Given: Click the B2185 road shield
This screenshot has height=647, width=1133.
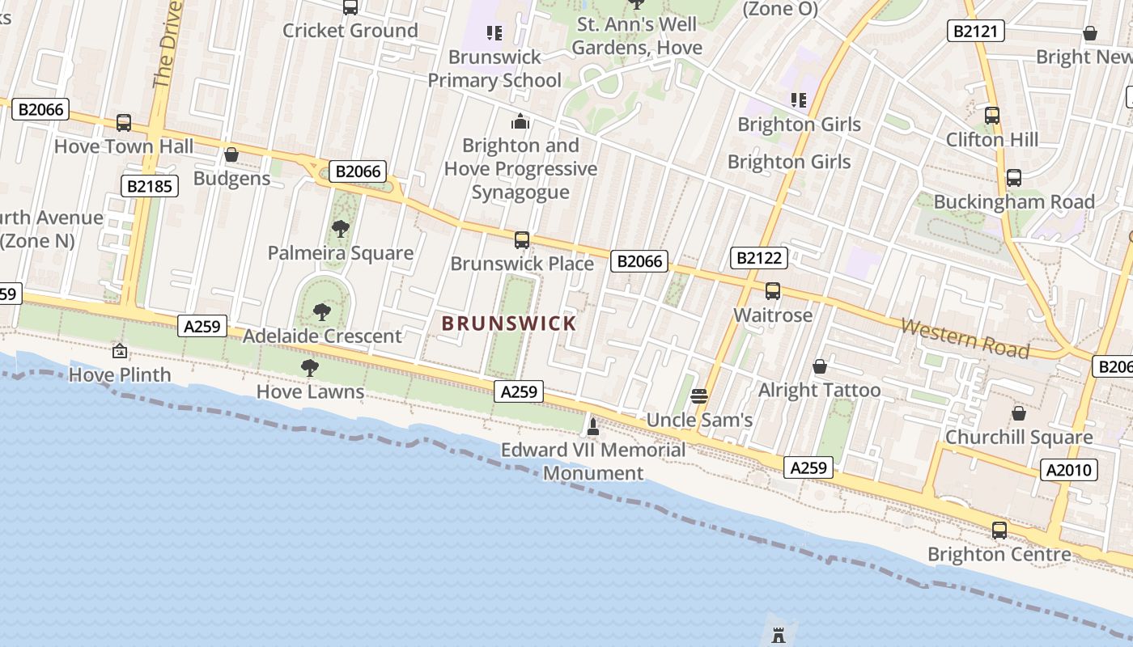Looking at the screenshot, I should click(x=151, y=185).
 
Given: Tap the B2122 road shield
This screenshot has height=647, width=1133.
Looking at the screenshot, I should click(x=759, y=258).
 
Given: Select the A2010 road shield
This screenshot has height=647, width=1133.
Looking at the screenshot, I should click(x=1069, y=470).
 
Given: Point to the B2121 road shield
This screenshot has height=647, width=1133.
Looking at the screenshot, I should click(x=977, y=32).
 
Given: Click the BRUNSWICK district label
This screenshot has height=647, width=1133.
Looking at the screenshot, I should click(x=509, y=323).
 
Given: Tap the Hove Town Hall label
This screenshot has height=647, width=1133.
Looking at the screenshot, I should click(x=124, y=146).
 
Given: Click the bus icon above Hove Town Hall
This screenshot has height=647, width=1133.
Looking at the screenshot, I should click(x=124, y=123).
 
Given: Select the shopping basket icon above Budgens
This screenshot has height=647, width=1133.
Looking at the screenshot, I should click(x=231, y=154).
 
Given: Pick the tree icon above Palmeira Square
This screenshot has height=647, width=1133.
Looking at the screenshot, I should click(x=341, y=229).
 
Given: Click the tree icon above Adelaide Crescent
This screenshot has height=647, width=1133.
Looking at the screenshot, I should click(x=322, y=312).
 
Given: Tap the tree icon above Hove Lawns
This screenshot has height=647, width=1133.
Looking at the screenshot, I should click(x=309, y=369).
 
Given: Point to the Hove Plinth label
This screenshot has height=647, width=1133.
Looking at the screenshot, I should click(x=120, y=374).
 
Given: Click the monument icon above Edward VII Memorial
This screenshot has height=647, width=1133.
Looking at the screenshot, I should click(x=593, y=426).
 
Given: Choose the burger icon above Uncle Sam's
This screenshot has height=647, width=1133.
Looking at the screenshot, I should click(x=699, y=396).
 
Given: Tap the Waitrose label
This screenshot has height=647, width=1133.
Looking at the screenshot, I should click(x=773, y=315).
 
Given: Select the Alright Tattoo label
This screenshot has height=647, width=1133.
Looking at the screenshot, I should click(x=819, y=390).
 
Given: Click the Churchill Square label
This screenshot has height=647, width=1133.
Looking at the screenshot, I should click(x=1019, y=437).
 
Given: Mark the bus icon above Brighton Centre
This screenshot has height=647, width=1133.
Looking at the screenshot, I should click(x=999, y=531).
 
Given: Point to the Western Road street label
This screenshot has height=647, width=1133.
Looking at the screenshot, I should click(x=965, y=338).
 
